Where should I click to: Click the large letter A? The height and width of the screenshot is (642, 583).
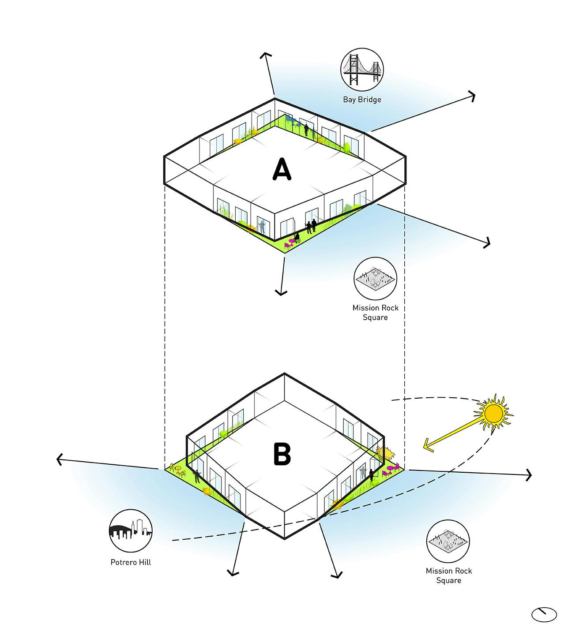pyautogui.click(x=282, y=170)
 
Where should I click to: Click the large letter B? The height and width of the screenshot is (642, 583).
pyautogui.click(x=282, y=454)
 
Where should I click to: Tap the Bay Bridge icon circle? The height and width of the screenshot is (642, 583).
pyautogui.click(x=362, y=70)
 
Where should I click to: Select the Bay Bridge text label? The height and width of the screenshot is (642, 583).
pyautogui.click(x=362, y=100)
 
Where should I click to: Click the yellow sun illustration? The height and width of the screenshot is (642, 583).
pyautogui.click(x=493, y=413)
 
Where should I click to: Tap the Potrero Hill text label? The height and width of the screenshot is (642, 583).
pyautogui.click(x=131, y=562)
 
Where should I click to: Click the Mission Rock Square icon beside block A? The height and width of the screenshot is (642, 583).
pyautogui.click(x=375, y=279)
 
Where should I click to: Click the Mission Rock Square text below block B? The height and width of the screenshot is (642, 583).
pyautogui.click(x=448, y=575)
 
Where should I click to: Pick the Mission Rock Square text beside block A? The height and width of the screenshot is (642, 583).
pyautogui.click(x=375, y=313)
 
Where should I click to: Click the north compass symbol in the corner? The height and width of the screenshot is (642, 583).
pyautogui.click(x=544, y=614)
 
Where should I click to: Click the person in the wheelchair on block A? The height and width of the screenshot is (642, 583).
pyautogui.click(x=297, y=239)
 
